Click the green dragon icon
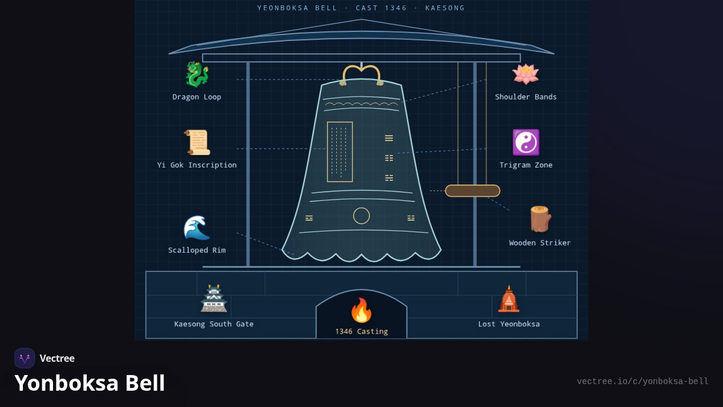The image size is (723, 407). click(196, 74)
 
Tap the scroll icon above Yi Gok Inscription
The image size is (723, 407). click(197, 142)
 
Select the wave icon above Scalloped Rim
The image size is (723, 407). click(197, 228)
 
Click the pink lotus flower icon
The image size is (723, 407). click(525, 74)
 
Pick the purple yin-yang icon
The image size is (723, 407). click(526, 142)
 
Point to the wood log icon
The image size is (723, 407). click(540, 219)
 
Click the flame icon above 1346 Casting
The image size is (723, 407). click(361, 310)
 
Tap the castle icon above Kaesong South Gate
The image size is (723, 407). click(214, 298)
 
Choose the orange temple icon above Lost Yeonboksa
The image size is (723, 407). click(509, 299)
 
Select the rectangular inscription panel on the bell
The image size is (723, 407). click(340, 152)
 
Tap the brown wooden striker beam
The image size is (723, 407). click(472, 191)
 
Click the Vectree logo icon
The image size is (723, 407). click(25, 358)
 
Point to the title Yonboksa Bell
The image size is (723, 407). click(90, 383)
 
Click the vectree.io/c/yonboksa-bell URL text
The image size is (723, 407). click(643, 382)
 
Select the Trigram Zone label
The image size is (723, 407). click(526, 165)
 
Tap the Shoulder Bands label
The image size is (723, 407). click(526, 97)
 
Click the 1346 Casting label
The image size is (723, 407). click(361, 332)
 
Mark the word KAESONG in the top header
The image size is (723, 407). click(445, 8)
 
